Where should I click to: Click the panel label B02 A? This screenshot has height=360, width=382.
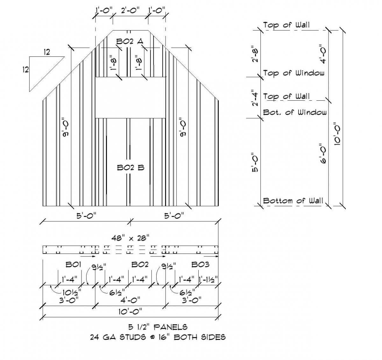point(130,41)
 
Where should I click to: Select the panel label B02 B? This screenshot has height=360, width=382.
point(131,167)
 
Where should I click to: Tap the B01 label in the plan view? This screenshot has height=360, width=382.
point(74,264)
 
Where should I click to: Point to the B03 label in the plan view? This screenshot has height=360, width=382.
point(200,264)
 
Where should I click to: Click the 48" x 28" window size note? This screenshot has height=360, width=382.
point(130,237)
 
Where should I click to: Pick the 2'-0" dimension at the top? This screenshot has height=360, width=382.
point(130,10)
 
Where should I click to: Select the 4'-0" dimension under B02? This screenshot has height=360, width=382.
point(131,300)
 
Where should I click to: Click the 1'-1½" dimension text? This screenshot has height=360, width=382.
point(209,280)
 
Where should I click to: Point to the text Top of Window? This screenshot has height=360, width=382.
point(294,73)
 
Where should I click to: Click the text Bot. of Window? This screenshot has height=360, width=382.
point(295,112)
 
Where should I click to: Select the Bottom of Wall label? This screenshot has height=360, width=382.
point(293,201)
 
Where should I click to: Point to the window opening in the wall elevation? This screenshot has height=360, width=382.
point(131,97)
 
